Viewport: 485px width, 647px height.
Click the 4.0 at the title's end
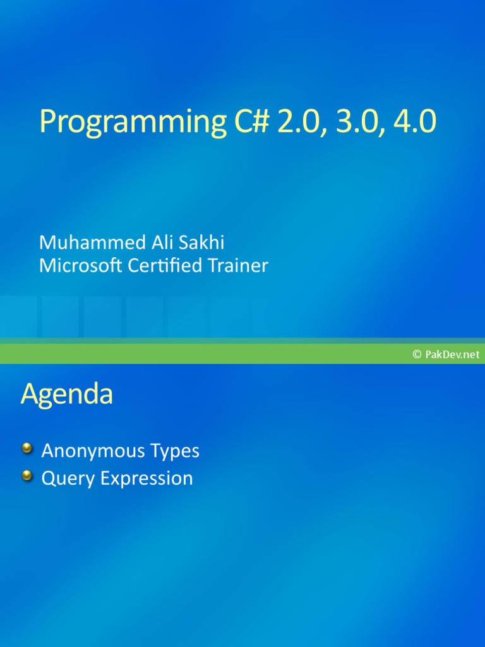coord(414,121)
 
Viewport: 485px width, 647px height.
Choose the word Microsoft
coord(80,266)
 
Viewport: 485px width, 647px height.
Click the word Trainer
coord(237,266)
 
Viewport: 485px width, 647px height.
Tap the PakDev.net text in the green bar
coord(453,355)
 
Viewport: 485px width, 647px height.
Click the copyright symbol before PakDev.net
coord(417,355)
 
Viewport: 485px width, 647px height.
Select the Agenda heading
coord(66,395)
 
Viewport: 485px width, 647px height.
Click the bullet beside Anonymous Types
coord(27,449)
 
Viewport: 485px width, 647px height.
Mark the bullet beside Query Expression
coord(27,476)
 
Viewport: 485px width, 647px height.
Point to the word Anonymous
coord(93,451)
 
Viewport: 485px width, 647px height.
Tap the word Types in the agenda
coord(175,452)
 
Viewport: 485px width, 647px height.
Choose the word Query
coord(68,479)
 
